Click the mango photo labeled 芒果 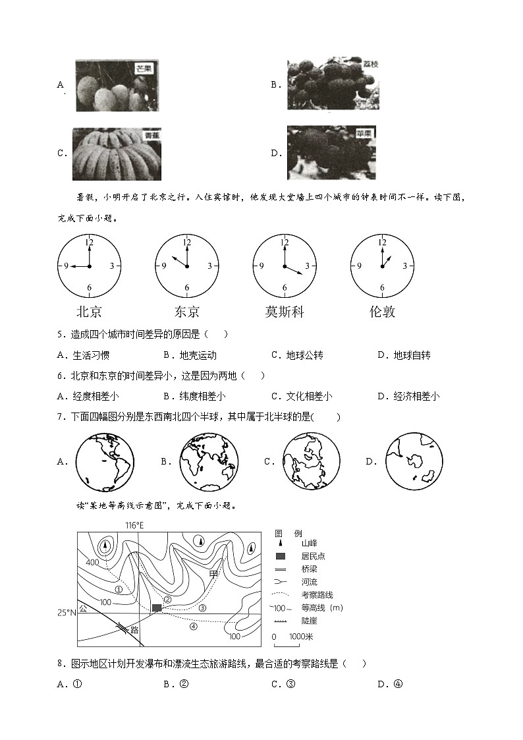coord(118,86)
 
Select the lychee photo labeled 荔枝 coord(333,84)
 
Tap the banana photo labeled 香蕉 coord(117,154)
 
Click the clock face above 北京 coord(90,266)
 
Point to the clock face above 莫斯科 coord(285,266)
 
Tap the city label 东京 coord(187,312)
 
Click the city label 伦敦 coord(382,312)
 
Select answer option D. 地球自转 coord(404,355)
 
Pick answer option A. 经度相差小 coord(88,396)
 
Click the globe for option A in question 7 coord(105,462)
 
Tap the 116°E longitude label coord(134,525)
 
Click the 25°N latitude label coord(67,612)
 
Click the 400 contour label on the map coord(92,562)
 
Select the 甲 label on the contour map coord(213,574)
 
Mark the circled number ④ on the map coord(194,627)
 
